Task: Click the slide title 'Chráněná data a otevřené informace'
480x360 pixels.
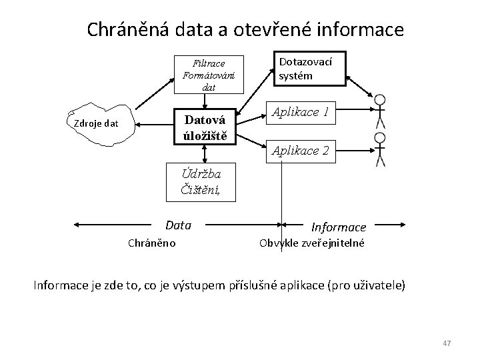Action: point(245,29)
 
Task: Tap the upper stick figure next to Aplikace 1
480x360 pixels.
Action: point(380,111)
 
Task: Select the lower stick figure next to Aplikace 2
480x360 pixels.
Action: point(380,149)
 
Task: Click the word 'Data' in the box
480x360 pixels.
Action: point(178,225)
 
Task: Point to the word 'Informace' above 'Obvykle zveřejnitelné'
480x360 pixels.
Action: point(339,227)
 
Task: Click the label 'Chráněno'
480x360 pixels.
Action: point(151,243)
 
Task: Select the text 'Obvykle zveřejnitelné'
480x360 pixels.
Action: point(311,243)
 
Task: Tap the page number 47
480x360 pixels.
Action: point(447,343)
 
